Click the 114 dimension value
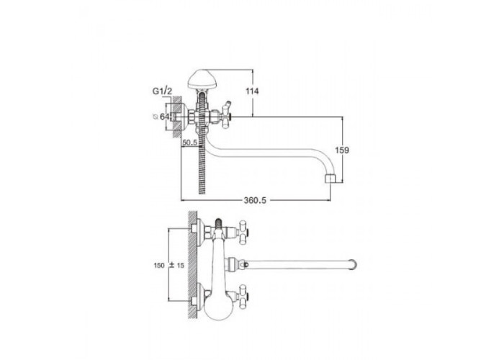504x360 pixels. (x=252, y=91)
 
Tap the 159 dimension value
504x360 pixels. (x=342, y=150)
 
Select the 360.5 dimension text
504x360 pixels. (x=255, y=200)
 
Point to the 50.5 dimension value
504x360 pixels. (x=189, y=142)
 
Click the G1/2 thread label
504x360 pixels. (x=162, y=91)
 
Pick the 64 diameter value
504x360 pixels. (x=164, y=117)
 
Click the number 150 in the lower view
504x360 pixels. (x=159, y=266)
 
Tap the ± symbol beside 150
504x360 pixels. (x=171, y=265)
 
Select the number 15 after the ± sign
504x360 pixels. (x=180, y=266)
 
